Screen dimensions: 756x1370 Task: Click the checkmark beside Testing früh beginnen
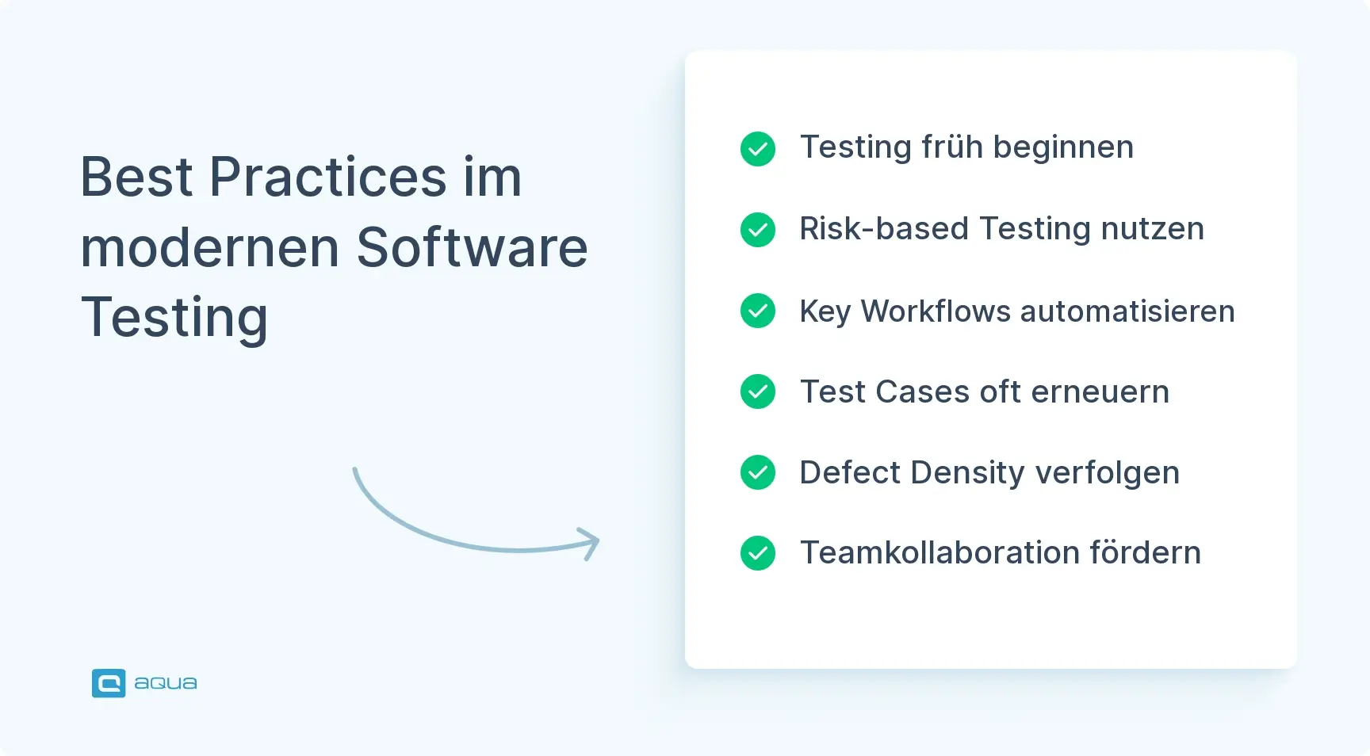coord(758,149)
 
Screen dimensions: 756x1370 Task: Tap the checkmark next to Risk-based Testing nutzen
coord(758,230)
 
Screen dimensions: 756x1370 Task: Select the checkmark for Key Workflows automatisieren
coord(758,311)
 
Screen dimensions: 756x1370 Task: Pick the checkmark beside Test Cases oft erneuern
coord(758,391)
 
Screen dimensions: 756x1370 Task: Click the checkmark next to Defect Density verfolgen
coord(758,472)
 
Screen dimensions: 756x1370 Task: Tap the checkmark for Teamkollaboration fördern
coord(758,553)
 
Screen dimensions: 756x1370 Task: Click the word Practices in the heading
coord(327,177)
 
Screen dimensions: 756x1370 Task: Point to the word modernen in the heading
coord(210,247)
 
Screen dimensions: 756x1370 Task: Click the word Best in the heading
coord(136,177)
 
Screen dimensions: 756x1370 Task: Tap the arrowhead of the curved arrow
coord(590,544)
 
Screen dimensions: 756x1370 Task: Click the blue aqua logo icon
coord(109,683)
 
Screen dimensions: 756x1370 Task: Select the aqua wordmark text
coord(166,683)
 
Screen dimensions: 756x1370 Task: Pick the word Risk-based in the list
coord(884,229)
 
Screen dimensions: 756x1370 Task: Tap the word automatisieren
coord(1127,311)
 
